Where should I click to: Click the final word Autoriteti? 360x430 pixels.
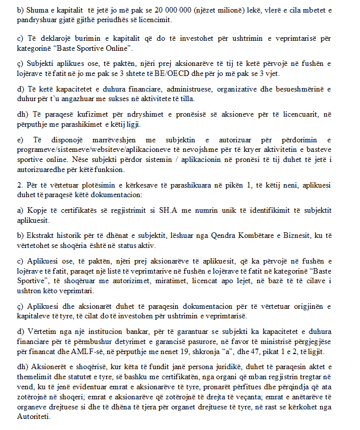(x=33, y=417)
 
